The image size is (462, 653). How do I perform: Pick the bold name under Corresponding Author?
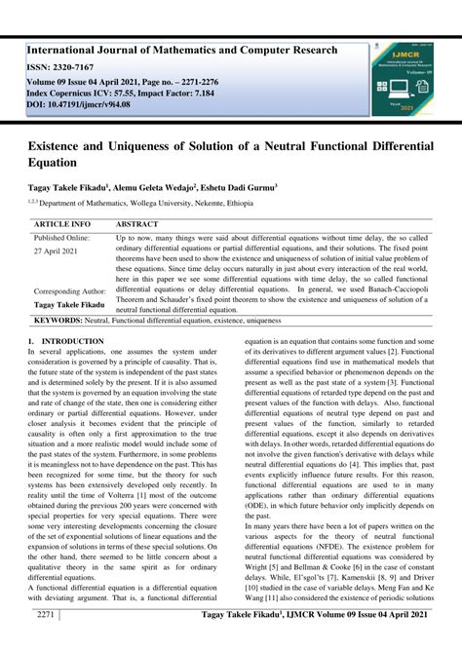71,304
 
